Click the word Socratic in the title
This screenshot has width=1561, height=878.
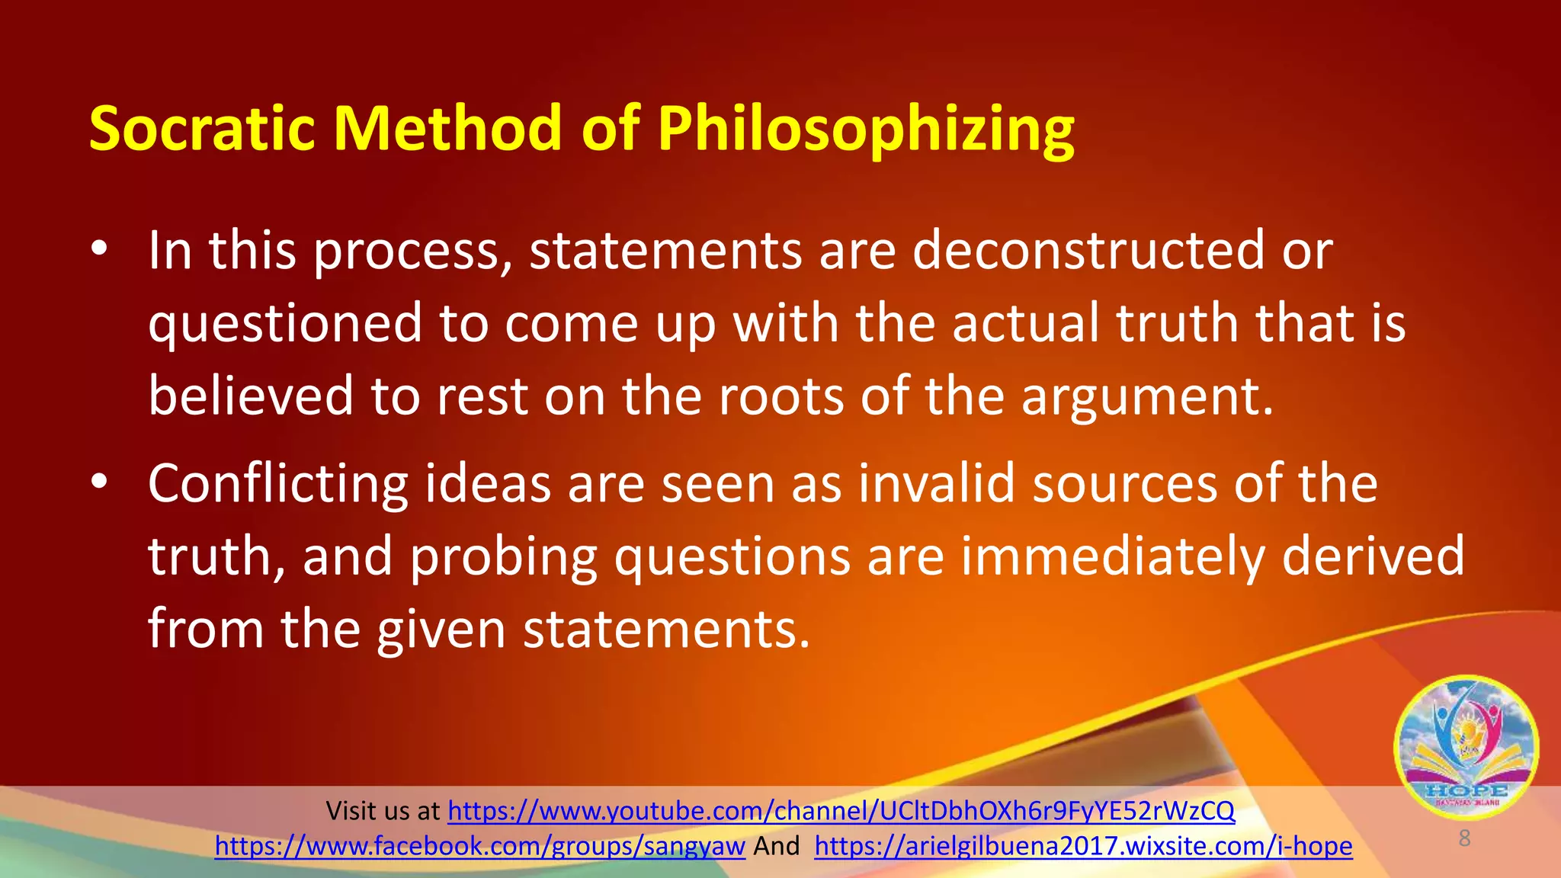pyautogui.click(x=202, y=128)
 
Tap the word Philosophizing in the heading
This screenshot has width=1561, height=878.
pyautogui.click(x=866, y=128)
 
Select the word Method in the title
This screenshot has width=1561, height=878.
pyautogui.click(x=449, y=128)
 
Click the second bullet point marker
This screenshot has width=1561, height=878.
pyautogui.click(x=98, y=482)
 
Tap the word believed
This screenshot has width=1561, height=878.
pyautogui.click(x=251, y=396)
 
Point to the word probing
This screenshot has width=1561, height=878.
pyautogui.click(x=504, y=558)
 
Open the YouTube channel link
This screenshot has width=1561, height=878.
pyautogui.click(x=841, y=811)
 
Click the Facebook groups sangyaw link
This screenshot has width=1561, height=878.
pyautogui.click(x=479, y=846)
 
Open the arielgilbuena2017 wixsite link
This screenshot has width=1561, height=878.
pyautogui.click(x=1083, y=846)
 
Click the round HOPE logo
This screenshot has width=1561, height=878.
pyautogui.click(x=1466, y=747)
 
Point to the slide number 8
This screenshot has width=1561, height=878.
pyautogui.click(x=1464, y=838)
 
